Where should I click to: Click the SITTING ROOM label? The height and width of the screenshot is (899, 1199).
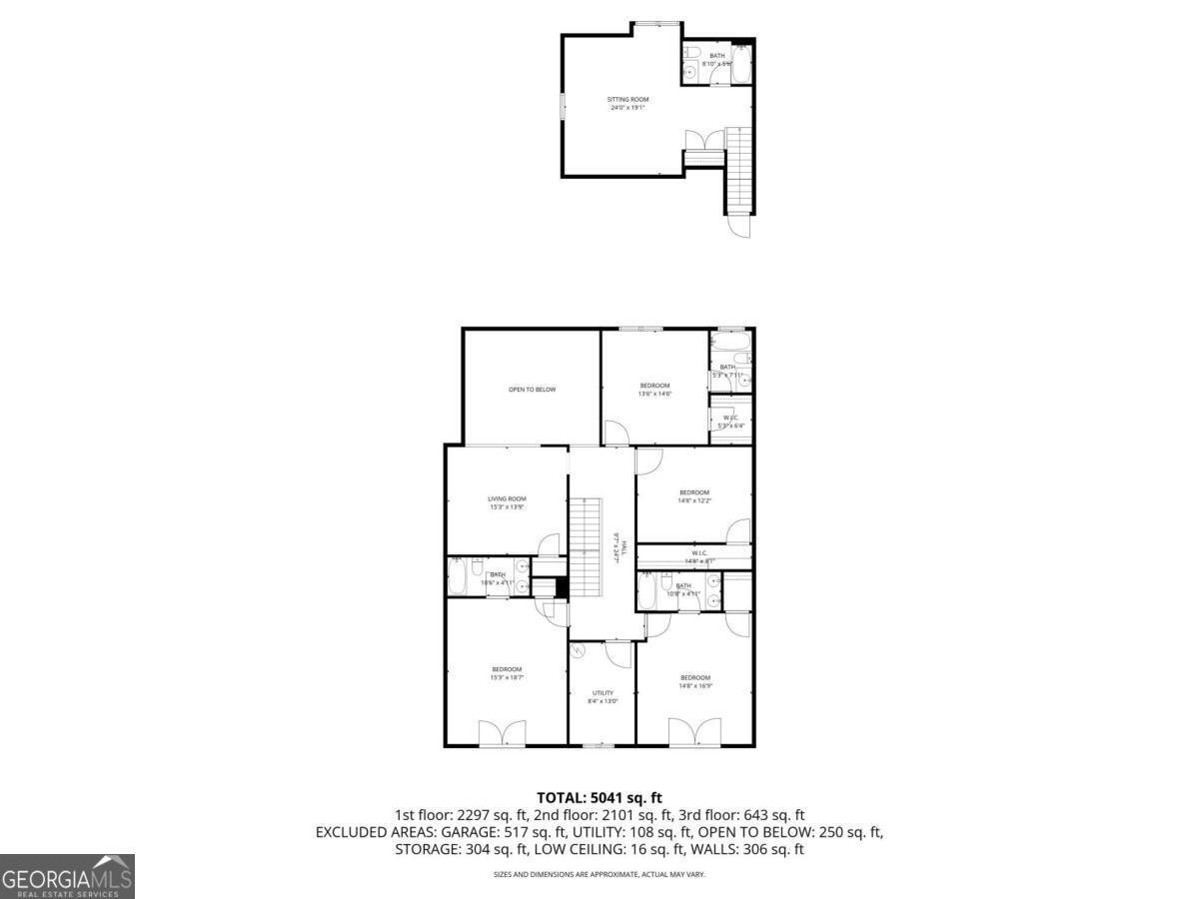click(x=628, y=99)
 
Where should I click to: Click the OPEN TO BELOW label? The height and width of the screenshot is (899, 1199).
click(x=532, y=389)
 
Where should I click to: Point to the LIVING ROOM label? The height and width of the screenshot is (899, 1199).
click(x=507, y=498)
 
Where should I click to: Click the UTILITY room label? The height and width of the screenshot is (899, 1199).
click(x=602, y=692)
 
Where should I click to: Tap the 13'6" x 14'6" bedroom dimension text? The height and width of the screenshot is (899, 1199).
click(x=655, y=394)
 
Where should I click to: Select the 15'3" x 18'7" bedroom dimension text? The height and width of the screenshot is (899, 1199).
click(x=507, y=677)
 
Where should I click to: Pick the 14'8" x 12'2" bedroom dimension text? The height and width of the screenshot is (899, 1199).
click(x=694, y=500)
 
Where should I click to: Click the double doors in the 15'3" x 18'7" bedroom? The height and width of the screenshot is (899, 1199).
click(x=502, y=733)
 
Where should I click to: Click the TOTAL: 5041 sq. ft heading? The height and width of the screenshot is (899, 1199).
click(x=599, y=797)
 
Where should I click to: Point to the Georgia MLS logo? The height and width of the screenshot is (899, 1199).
click(x=67, y=876)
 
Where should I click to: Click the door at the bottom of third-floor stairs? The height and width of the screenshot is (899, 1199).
click(x=739, y=227)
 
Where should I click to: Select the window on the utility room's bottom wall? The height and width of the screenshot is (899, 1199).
click(x=599, y=745)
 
